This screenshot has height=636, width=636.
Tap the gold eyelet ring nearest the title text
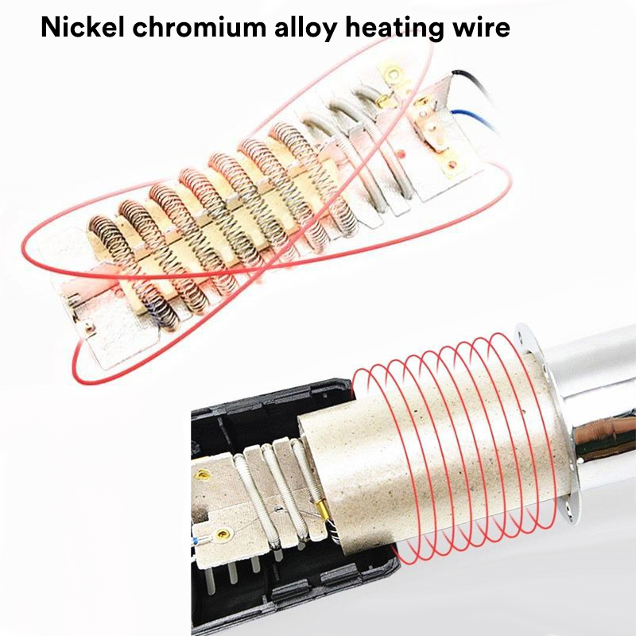[392, 74]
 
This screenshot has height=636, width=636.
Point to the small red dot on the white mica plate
[401, 154]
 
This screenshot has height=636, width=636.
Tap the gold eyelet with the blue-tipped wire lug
[222, 534]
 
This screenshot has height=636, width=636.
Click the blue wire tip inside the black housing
[196, 541]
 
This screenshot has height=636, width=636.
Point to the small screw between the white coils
[277, 508]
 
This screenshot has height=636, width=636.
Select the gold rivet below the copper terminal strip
[452, 165]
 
